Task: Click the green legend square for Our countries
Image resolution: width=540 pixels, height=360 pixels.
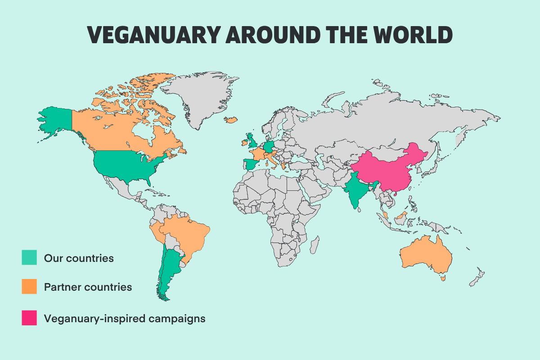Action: [x=29, y=258]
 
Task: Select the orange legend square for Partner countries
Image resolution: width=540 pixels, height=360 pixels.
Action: [x=29, y=287]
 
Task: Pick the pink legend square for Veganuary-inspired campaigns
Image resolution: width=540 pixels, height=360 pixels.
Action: [x=29, y=318]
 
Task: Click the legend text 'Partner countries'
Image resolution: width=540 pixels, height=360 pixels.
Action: [x=88, y=287]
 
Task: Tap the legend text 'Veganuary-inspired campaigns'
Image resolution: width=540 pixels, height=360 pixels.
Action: [x=125, y=318]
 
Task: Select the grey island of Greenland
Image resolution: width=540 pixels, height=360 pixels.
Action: [x=198, y=97]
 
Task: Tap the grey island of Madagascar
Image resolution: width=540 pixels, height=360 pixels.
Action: [x=315, y=246]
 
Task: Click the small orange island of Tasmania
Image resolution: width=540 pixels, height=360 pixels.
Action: [x=444, y=279]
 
